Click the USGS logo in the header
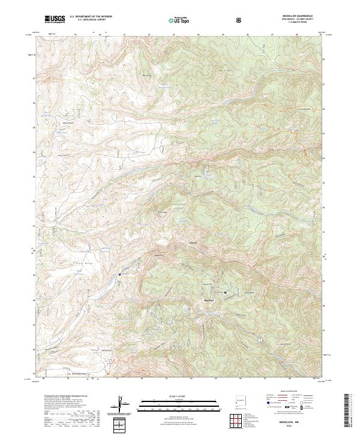click(x=55, y=19)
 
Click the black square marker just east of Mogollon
click(x=225, y=292)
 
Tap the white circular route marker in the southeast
click(x=260, y=340)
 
